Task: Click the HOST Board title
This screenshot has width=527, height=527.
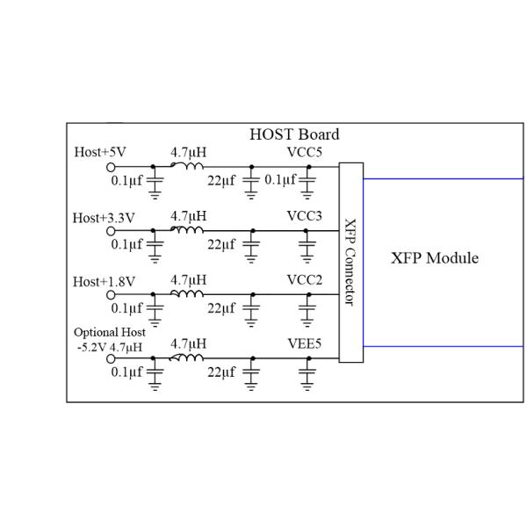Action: [294, 134]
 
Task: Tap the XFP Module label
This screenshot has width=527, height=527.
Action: [435, 258]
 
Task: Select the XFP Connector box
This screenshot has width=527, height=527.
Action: [350, 262]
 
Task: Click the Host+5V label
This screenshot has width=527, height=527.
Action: [100, 152]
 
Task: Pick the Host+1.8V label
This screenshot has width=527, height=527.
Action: [104, 282]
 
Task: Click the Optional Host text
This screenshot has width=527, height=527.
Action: [110, 332]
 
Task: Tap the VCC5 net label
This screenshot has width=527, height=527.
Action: [304, 152]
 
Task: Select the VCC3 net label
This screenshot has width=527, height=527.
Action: [304, 216]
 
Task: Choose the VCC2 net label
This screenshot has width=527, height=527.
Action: [304, 281]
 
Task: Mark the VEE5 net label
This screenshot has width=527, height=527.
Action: [304, 345]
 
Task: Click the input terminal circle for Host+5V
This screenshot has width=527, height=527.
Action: [112, 167]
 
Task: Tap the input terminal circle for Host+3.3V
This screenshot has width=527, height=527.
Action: [112, 231]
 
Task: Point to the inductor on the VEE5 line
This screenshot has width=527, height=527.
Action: [187, 357]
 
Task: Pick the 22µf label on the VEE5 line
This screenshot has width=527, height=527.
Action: [221, 373]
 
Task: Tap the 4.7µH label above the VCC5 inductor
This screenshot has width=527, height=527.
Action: [188, 152]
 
